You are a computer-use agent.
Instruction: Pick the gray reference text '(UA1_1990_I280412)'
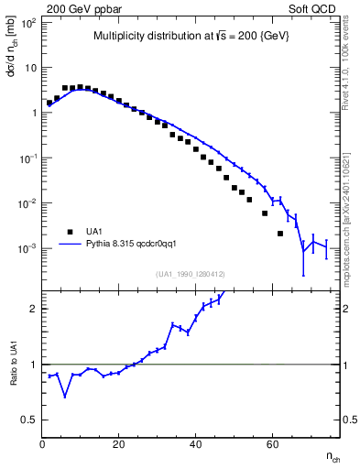click(191, 274)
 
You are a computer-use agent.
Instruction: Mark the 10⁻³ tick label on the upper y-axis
click(27, 248)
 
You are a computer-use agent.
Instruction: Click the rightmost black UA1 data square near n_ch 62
click(280, 234)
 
